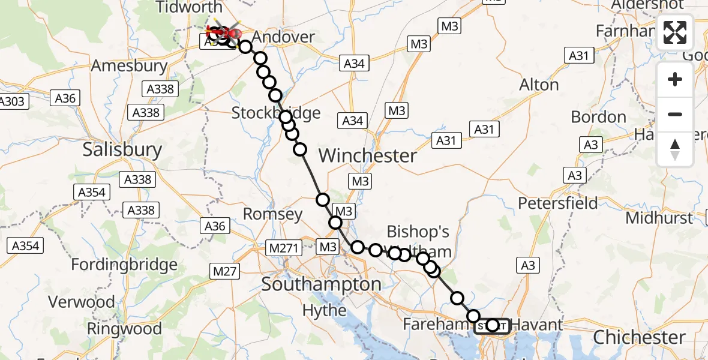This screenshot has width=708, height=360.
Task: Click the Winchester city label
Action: (368, 156)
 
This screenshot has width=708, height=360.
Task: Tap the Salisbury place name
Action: (122, 149)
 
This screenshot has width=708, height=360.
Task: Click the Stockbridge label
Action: (276, 113)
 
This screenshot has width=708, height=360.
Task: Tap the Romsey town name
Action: (273, 214)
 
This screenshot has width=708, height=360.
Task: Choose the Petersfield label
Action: (558, 203)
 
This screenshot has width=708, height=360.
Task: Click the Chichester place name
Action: (640, 337)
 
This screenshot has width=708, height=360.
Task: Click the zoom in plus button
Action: (675, 79)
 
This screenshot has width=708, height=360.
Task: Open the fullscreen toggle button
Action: (675, 32)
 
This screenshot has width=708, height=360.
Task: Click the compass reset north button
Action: (675, 149)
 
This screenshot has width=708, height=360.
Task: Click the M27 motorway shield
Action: (224, 271)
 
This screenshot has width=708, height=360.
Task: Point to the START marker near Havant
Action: (492, 326)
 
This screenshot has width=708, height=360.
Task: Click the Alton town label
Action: (539, 85)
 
